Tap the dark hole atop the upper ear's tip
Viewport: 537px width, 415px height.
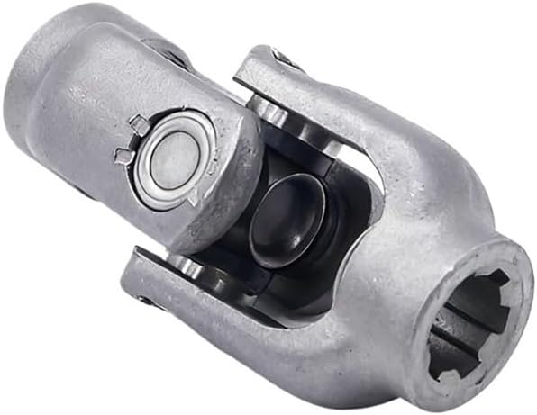click(287, 59)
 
